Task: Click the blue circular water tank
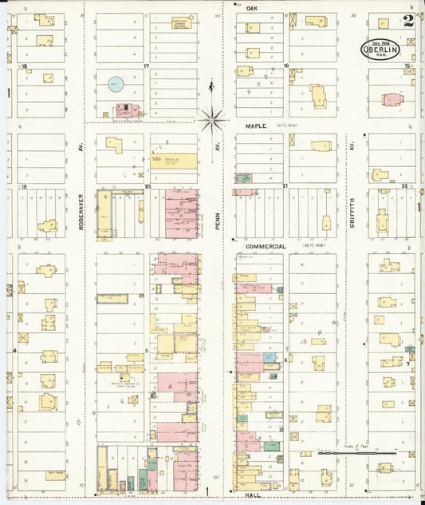[116, 83]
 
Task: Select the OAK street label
[252, 7]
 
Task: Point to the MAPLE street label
[255, 125]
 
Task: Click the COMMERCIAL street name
[266, 247]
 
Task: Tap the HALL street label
[254, 495]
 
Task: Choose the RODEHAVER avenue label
[81, 215]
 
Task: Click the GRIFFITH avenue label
[351, 214]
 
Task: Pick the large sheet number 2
[408, 21]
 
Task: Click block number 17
[146, 66]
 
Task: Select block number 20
[148, 186]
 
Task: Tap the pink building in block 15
[392, 100]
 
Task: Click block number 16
[285, 66]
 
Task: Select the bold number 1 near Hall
[207, 491]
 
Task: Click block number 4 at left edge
[14, 350]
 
